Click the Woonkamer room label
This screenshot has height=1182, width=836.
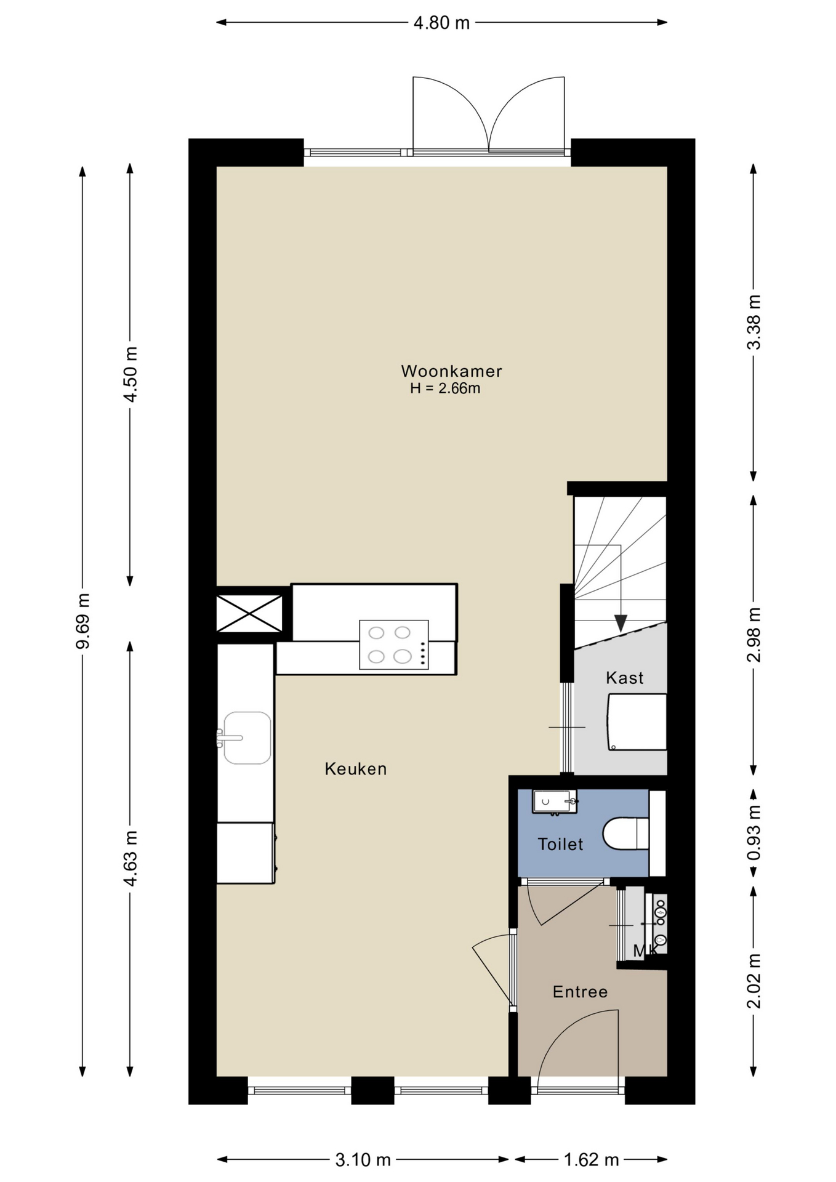click(x=451, y=371)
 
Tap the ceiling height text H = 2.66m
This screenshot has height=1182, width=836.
click(x=445, y=388)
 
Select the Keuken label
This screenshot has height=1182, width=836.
click(x=356, y=769)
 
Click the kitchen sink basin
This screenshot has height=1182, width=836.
click(x=247, y=738)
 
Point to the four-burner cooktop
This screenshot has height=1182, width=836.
click(x=394, y=645)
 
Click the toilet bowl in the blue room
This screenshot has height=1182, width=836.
click(x=625, y=833)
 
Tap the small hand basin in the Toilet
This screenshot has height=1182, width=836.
click(x=555, y=801)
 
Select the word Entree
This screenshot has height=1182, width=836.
click(x=580, y=992)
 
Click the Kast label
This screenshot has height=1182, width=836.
click(x=624, y=678)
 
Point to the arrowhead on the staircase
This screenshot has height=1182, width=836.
click(x=620, y=623)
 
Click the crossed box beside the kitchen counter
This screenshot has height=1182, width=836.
click(x=249, y=613)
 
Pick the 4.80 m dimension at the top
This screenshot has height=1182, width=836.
click(x=441, y=23)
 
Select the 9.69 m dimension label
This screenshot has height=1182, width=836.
click(x=82, y=621)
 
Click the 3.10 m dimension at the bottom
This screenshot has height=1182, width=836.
click(x=363, y=1160)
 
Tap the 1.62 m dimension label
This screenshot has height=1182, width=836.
click(x=591, y=1160)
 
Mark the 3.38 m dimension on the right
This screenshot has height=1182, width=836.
click(x=754, y=322)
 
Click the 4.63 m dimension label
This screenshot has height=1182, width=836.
click(x=130, y=858)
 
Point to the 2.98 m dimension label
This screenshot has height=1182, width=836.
click(x=754, y=634)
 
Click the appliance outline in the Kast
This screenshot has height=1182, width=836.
click(x=637, y=722)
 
